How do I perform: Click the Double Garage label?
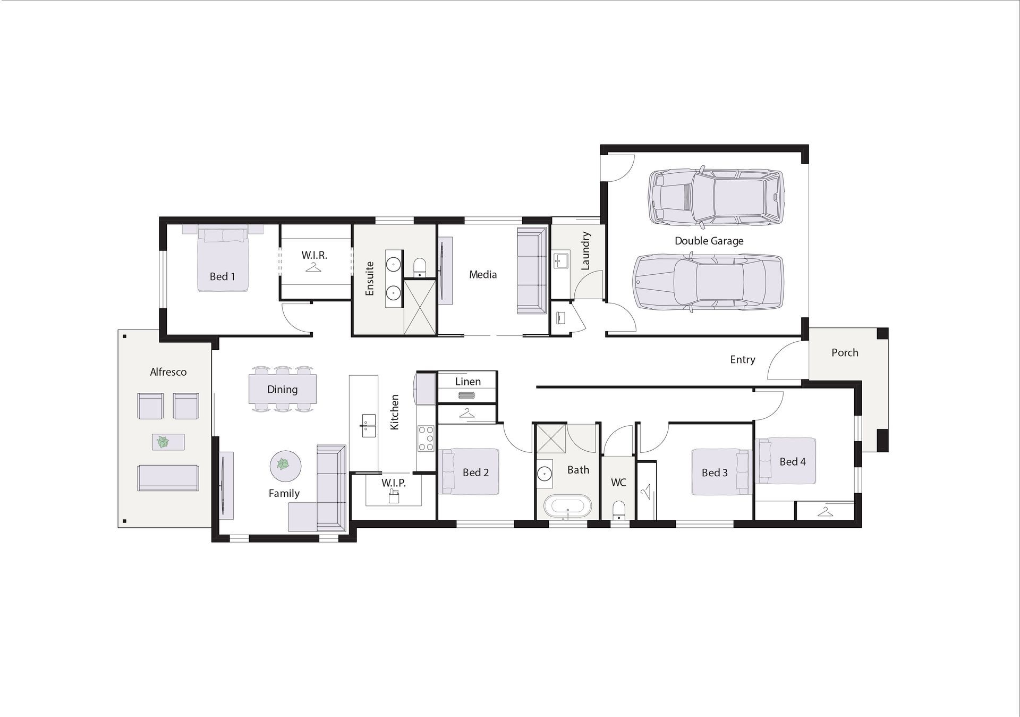coord(709,241)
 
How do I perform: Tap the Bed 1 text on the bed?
coord(222,276)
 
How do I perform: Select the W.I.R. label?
coord(314,255)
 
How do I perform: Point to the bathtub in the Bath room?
coord(567,507)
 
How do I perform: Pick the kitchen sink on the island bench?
coord(368,425)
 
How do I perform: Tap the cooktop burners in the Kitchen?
coord(426,438)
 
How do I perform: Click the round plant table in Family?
coord(285,466)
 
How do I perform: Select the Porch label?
coord(845,352)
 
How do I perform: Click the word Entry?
coord(742,360)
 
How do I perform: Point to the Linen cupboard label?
coord(467,382)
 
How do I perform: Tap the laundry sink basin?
coord(560,261)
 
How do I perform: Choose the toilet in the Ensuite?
coord(420,267)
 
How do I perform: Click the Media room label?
coord(483,275)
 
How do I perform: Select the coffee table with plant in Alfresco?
coord(168,442)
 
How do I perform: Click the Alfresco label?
coord(168,372)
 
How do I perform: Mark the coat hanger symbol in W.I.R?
coord(313,267)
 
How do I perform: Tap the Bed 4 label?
coord(793,462)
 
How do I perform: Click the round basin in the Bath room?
coord(544,473)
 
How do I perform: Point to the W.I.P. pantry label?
coord(393,483)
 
